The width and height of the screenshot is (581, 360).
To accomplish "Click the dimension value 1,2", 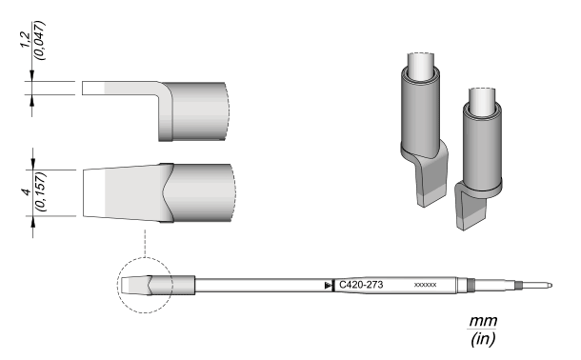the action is pos(25,39).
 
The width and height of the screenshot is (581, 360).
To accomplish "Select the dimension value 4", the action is pos(26,191).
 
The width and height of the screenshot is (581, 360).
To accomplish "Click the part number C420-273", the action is pos(361,285).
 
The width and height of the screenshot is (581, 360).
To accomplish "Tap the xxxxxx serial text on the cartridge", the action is pos(425,285).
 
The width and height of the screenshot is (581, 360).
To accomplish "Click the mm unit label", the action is pos(483,320).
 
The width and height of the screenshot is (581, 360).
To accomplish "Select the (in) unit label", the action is pos(483,338).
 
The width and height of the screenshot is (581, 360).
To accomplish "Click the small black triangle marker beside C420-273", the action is pos(328,285).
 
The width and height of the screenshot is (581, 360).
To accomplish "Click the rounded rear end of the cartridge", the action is pos(551,285).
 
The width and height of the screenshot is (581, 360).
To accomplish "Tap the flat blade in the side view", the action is pos(120,89).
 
